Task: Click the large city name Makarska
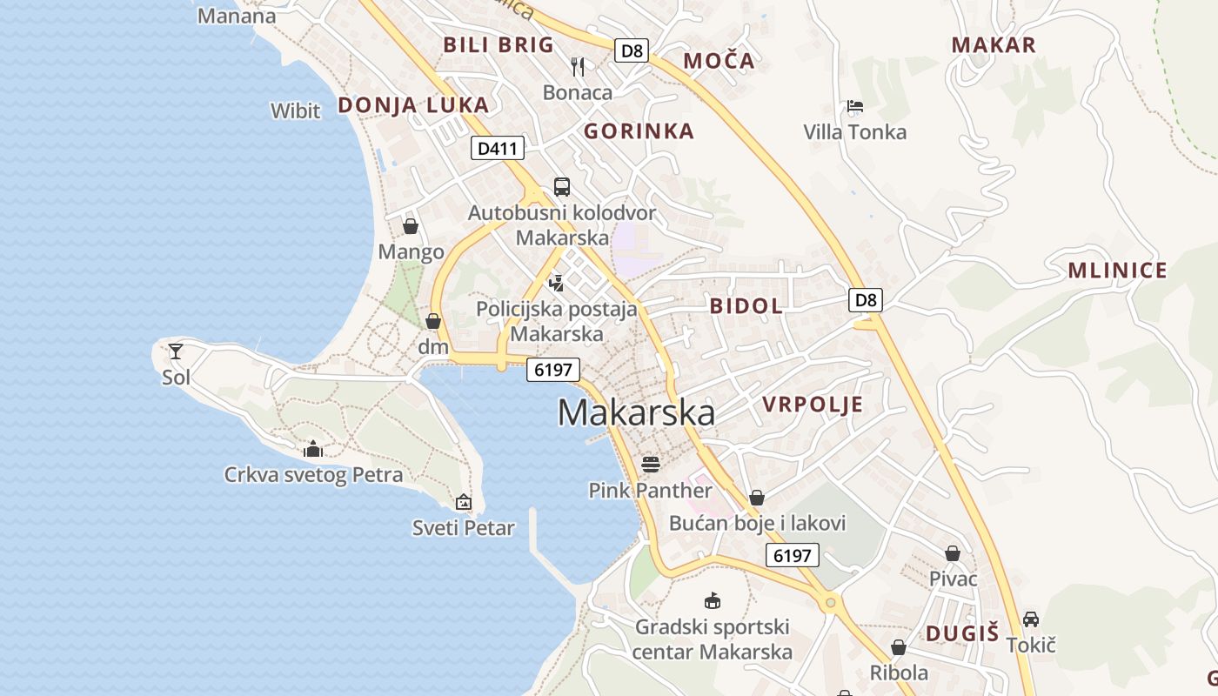coord(636,412)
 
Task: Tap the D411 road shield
coord(499,148)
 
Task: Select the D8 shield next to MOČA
coord(632,50)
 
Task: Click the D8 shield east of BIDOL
coord(866,300)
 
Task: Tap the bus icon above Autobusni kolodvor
coord(562,187)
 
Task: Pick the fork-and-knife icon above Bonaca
coord(578,66)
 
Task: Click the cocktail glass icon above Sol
coord(176,351)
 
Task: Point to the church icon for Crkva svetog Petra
coord(313,449)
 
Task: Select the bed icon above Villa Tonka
coord(854,107)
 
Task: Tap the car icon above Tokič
coord(1031,619)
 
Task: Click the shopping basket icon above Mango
coord(411,226)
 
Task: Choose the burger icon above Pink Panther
coord(651,464)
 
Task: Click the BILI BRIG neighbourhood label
coord(499,44)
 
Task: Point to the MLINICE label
coord(1117,271)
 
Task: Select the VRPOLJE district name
coord(813,404)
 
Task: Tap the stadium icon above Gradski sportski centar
coord(713,600)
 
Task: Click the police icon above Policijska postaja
coord(557,283)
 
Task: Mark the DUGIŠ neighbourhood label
coord(962,633)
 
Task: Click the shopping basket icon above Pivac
coord(953,553)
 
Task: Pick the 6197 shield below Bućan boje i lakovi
coord(792,555)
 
